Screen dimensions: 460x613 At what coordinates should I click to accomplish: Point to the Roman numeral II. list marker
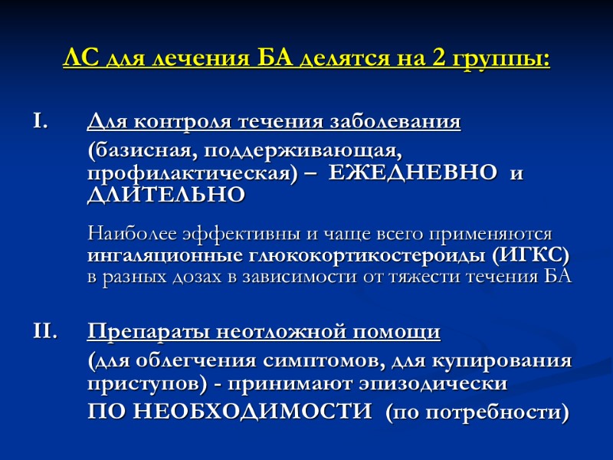tap(44, 332)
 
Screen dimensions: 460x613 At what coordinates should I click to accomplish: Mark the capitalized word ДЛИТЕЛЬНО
tap(166, 195)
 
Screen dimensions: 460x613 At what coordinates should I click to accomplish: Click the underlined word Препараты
tap(149, 332)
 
